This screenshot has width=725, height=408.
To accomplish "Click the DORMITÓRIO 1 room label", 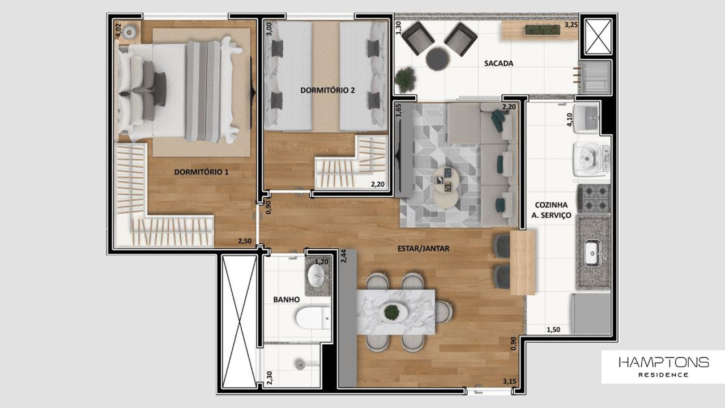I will pyautogui.click(x=201, y=172).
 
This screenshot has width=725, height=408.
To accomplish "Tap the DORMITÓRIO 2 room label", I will pyautogui.click(x=327, y=90).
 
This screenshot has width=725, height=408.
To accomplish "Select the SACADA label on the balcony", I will pyautogui.click(x=498, y=63).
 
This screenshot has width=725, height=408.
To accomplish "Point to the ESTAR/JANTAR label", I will pyautogui.click(x=423, y=248).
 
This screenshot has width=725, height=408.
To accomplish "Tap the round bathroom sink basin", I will pyautogui.click(x=317, y=277).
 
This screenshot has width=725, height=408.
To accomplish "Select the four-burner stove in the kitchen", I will pyautogui.click(x=593, y=198).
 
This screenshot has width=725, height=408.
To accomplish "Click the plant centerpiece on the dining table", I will pyautogui.click(x=391, y=311).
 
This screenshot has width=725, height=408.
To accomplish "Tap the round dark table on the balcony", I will pyautogui.click(x=437, y=59).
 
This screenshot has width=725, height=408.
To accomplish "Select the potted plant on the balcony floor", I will pyautogui.click(x=405, y=79).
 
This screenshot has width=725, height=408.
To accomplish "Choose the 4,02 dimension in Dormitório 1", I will pyautogui.click(x=118, y=30).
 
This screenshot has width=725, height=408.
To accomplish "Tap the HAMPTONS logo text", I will pyautogui.click(x=663, y=362).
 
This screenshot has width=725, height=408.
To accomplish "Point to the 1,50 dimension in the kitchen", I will pyautogui.click(x=553, y=329).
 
